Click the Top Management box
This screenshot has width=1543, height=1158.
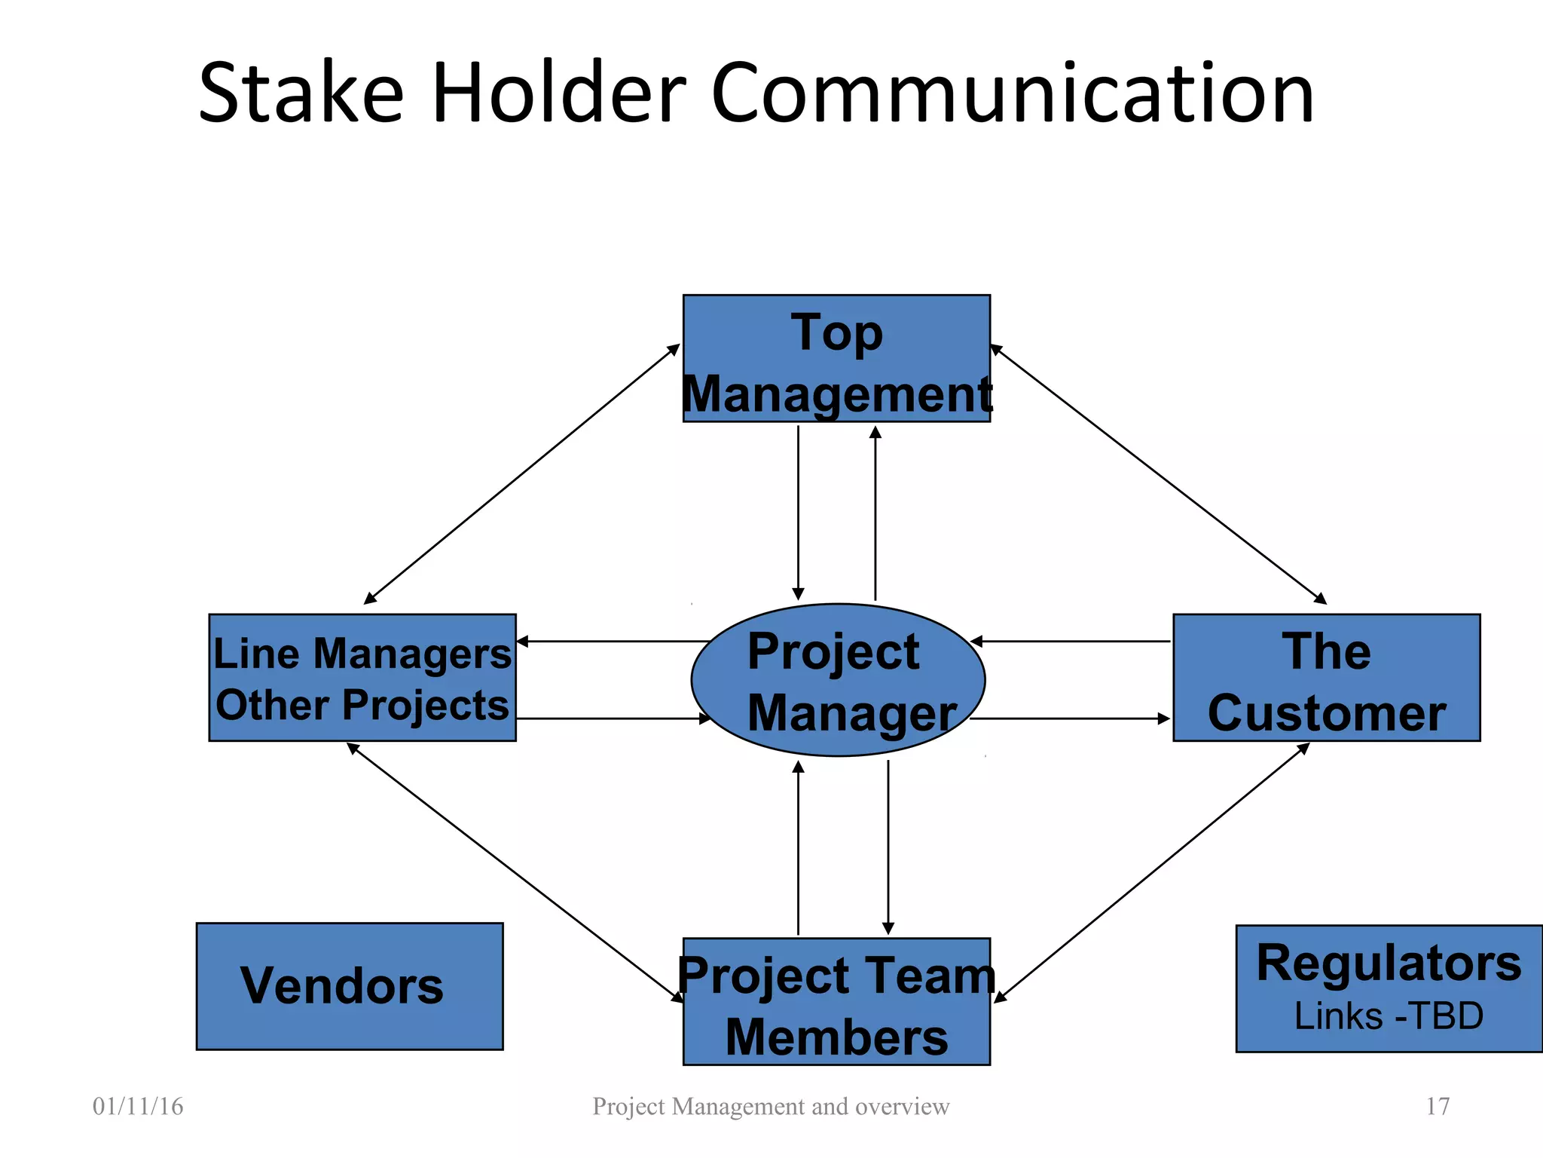[836, 358]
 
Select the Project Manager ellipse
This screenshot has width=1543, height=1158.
[838, 680]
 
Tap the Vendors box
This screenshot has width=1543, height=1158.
[350, 986]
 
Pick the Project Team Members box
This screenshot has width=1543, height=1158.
[836, 1001]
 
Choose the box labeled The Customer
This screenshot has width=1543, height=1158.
[1326, 678]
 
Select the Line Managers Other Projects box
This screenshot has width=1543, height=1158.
[362, 678]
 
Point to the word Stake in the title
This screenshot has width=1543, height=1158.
[301, 93]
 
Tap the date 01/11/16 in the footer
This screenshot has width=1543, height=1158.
[138, 1106]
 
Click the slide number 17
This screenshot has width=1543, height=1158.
[1438, 1106]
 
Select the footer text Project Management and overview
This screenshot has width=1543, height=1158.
[771, 1106]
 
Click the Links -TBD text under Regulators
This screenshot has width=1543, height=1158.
[1389, 1016]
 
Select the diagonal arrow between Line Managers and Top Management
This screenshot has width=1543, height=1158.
[522, 474]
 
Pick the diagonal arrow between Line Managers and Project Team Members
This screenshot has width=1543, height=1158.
[515, 872]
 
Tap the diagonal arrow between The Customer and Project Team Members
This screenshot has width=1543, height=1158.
[1151, 873]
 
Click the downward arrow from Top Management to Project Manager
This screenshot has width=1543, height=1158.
[798, 513]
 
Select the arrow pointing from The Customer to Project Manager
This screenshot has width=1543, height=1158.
[1070, 642]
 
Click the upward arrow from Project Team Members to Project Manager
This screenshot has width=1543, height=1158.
[798, 848]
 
